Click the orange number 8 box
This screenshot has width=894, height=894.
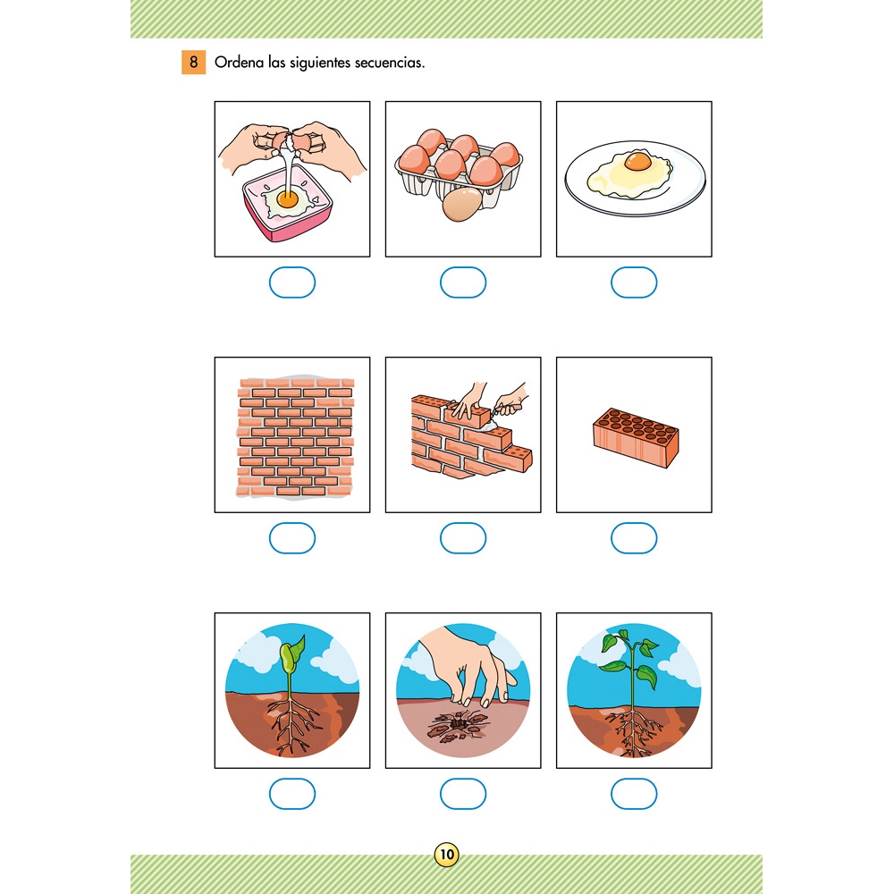tap(193, 63)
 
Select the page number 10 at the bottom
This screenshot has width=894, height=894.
tap(446, 854)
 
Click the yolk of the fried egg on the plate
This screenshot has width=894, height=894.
tap(637, 161)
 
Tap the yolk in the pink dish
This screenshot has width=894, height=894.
tap(287, 199)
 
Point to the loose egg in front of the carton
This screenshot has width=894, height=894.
tap(462, 206)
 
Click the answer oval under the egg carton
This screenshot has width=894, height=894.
tap(463, 283)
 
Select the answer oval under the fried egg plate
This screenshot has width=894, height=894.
tap(634, 283)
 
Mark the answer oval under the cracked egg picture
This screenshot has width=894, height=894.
tap(292, 283)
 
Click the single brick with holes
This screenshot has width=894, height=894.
tap(636, 438)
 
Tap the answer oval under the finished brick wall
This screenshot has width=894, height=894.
tap(292, 537)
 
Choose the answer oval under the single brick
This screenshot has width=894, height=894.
tap(634, 537)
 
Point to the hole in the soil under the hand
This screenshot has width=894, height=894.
tap(458, 723)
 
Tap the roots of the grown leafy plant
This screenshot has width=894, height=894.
tap(633, 732)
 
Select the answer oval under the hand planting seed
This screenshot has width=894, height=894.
tap(463, 794)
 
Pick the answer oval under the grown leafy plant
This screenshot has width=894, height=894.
tap(634, 794)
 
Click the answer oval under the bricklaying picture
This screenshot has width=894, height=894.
tap(463, 537)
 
